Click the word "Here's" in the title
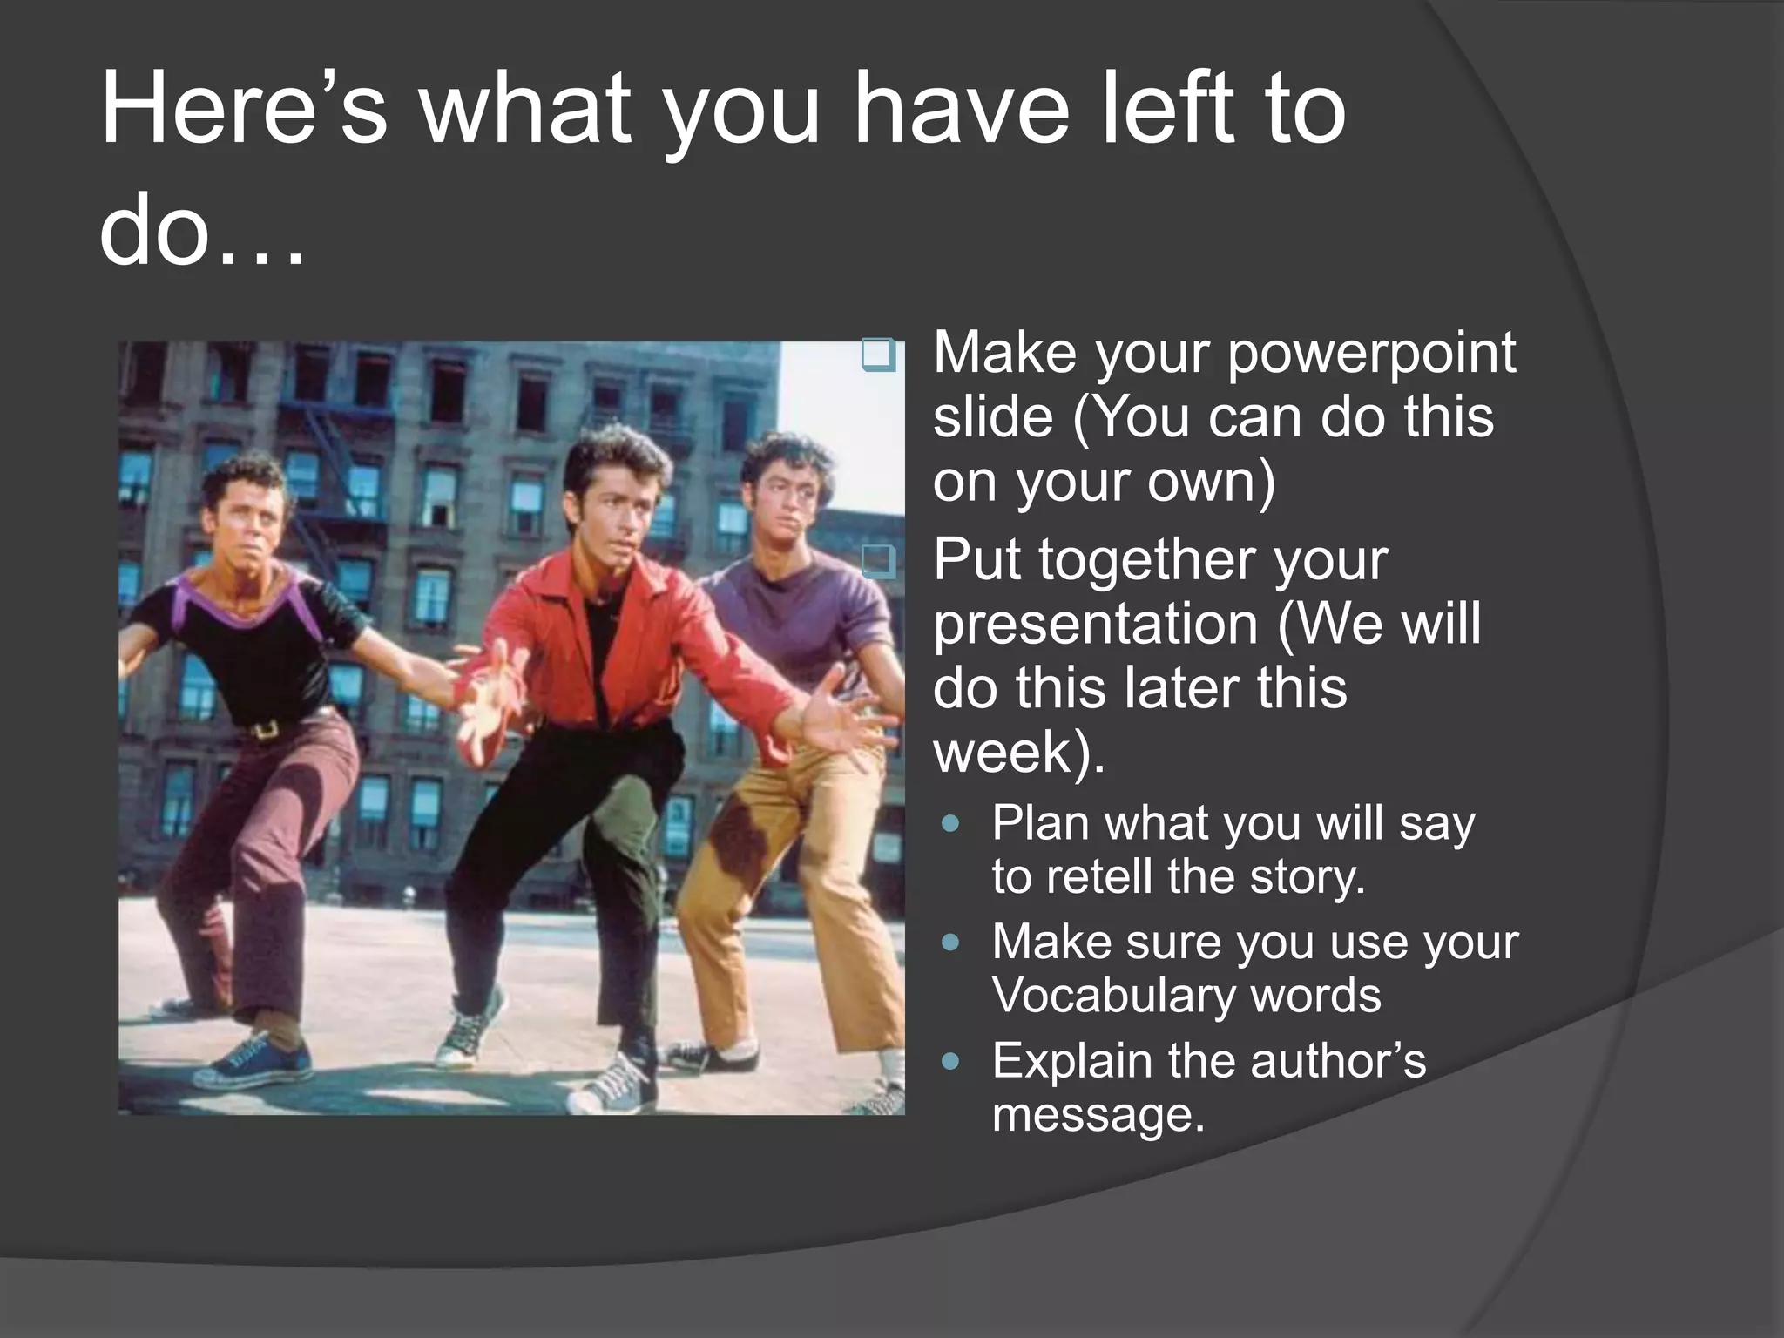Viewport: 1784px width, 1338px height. point(243,109)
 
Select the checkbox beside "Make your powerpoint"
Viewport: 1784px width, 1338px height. point(878,355)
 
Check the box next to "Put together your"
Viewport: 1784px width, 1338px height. point(878,563)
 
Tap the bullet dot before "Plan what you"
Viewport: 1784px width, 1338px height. point(951,823)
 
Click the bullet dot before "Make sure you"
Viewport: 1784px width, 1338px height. point(951,943)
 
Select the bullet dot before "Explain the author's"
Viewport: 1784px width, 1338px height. point(951,1061)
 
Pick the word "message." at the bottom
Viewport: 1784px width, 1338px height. point(1098,1114)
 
